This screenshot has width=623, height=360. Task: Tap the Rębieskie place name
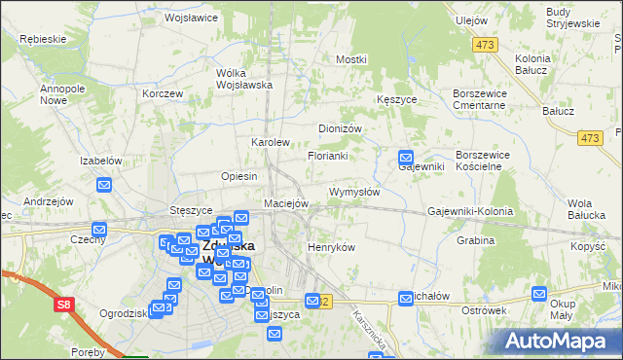pyautogui.click(x=42, y=39)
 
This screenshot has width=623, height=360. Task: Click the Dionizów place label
pyautogui.click(x=341, y=128)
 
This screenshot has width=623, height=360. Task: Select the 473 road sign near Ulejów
pyautogui.click(x=484, y=45)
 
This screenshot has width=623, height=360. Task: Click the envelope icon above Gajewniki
pyautogui.click(x=406, y=158)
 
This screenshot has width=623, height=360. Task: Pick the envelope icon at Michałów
pyautogui.click(x=407, y=297)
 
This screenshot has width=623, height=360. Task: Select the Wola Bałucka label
pyautogui.click(x=586, y=208)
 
